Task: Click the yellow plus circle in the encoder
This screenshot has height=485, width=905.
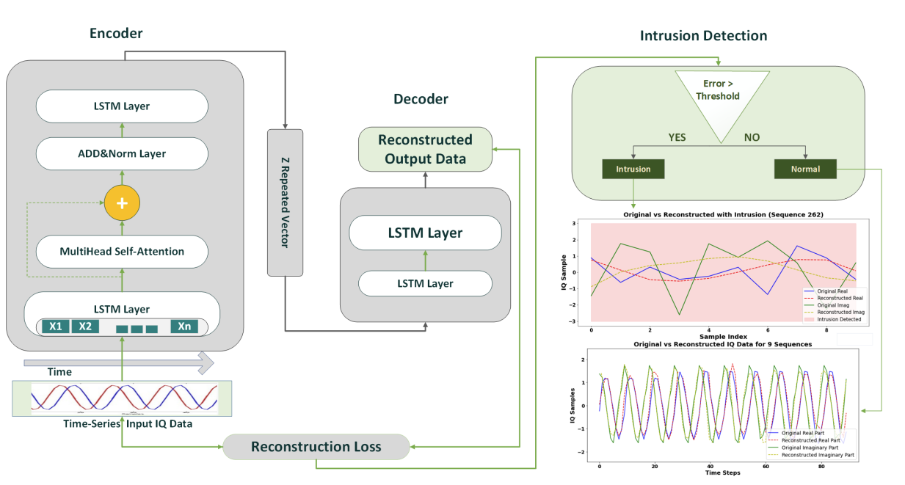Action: pyautogui.click(x=122, y=203)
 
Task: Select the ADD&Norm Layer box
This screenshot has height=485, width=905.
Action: pyautogui.click(x=122, y=153)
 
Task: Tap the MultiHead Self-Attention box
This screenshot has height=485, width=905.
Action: pyautogui.click(x=122, y=252)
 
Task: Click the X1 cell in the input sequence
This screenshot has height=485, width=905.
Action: pyautogui.click(x=54, y=327)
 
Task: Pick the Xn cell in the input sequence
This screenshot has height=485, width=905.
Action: pyautogui.click(x=184, y=327)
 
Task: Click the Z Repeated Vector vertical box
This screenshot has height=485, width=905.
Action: pyautogui.click(x=285, y=203)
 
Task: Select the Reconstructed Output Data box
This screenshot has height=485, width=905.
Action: pyautogui.click(x=425, y=149)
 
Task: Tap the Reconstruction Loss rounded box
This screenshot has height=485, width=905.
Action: pyautogui.click(x=316, y=447)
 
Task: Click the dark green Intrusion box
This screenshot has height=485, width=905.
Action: pyautogui.click(x=633, y=169)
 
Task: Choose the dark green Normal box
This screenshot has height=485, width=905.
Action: pyautogui.click(x=805, y=169)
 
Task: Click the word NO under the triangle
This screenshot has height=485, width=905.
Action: pyautogui.click(x=752, y=136)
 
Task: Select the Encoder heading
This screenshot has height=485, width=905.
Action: pyautogui.click(x=116, y=33)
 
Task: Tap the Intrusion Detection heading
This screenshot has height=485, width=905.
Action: pyautogui.click(x=703, y=36)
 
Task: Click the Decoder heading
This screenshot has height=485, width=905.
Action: pyautogui.click(x=421, y=99)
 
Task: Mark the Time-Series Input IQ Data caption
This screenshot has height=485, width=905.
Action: pyautogui.click(x=122, y=424)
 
